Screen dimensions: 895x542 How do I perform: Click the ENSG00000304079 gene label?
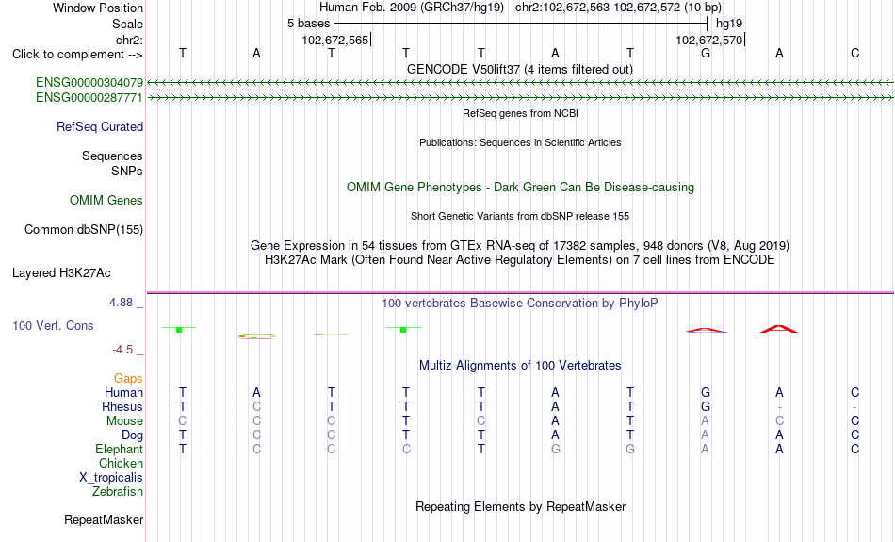(x=89, y=83)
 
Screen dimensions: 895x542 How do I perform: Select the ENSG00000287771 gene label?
(x=89, y=98)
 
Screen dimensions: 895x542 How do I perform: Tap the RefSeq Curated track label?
(x=100, y=127)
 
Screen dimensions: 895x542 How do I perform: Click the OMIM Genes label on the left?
(x=106, y=201)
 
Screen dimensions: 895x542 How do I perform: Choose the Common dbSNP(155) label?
(x=84, y=230)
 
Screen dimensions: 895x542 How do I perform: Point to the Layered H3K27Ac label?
(x=61, y=273)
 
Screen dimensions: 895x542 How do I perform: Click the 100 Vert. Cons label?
(x=53, y=325)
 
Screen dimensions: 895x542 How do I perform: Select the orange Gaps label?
(x=128, y=379)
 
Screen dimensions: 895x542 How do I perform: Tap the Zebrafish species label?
(x=118, y=492)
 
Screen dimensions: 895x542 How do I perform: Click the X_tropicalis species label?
(x=111, y=478)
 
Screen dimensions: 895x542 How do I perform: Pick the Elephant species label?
(x=120, y=450)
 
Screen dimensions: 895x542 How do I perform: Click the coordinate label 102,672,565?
(x=335, y=41)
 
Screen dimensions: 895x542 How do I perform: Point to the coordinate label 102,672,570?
(x=708, y=41)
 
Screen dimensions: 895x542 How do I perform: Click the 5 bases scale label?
(x=308, y=24)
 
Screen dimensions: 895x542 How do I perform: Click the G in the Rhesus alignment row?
(x=706, y=406)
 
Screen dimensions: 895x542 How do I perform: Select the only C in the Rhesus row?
(x=257, y=406)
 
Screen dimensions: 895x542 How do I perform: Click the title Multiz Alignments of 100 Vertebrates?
(x=520, y=366)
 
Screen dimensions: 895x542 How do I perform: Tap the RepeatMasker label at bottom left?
(x=104, y=519)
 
